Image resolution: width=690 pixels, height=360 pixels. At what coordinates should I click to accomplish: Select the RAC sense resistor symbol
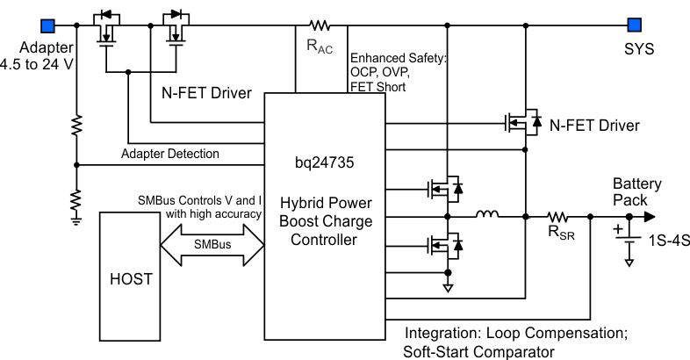(318, 25)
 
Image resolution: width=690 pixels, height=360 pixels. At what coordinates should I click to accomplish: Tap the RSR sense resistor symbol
(557, 216)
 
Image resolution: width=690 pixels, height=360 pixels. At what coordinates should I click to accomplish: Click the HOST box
(130, 278)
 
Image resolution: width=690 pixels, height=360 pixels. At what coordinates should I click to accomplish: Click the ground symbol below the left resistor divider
(76, 220)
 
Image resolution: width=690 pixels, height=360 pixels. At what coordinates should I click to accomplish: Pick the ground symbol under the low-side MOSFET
(449, 286)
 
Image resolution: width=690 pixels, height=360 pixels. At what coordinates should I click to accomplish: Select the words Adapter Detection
(170, 154)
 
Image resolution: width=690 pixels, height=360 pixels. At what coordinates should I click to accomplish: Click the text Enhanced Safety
(396, 56)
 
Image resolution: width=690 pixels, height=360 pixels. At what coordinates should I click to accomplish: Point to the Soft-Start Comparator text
(478, 351)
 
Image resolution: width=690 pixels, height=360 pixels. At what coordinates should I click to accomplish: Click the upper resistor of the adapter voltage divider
(76, 126)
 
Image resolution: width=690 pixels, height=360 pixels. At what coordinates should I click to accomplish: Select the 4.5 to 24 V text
(39, 64)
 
